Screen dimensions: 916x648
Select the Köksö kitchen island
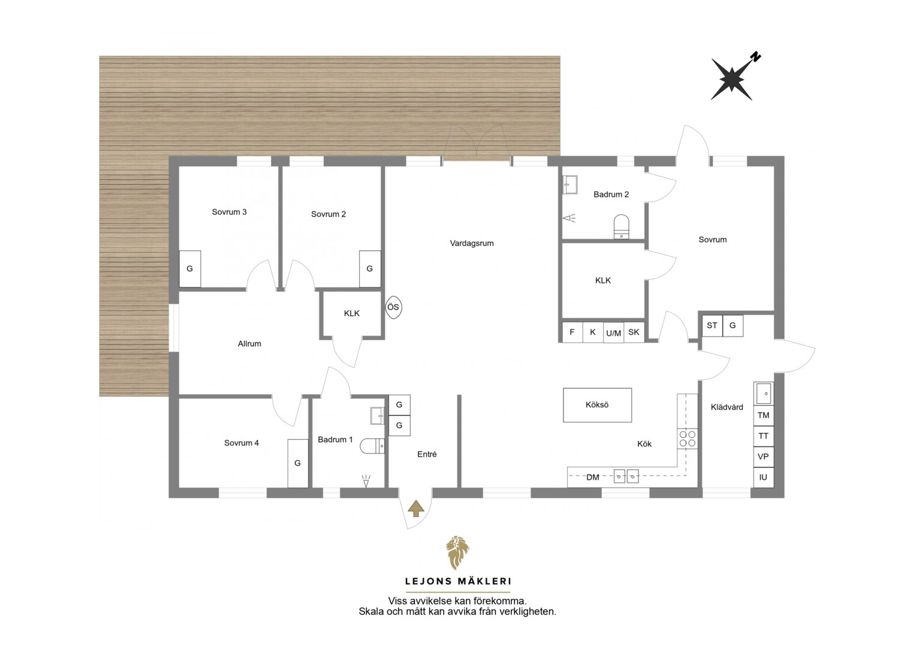point(597,405)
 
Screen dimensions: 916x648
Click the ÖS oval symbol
point(393,307)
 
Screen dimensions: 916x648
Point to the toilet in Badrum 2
point(621,226)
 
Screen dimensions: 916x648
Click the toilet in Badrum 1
point(372,446)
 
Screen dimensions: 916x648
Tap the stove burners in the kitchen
point(687,439)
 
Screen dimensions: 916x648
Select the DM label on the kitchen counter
point(592,478)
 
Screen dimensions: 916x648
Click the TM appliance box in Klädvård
point(764,415)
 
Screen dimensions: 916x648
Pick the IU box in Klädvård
point(764,478)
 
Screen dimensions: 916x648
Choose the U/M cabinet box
point(613,333)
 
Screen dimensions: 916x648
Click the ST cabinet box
point(712,325)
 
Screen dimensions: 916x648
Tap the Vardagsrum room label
point(472,243)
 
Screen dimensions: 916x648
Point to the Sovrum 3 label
point(229,212)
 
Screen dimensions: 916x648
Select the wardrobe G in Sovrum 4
point(298,463)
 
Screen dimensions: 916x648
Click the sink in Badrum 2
point(570,185)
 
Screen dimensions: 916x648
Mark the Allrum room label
point(249,344)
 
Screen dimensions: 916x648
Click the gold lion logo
point(457,553)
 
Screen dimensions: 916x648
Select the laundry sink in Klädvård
point(764,394)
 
